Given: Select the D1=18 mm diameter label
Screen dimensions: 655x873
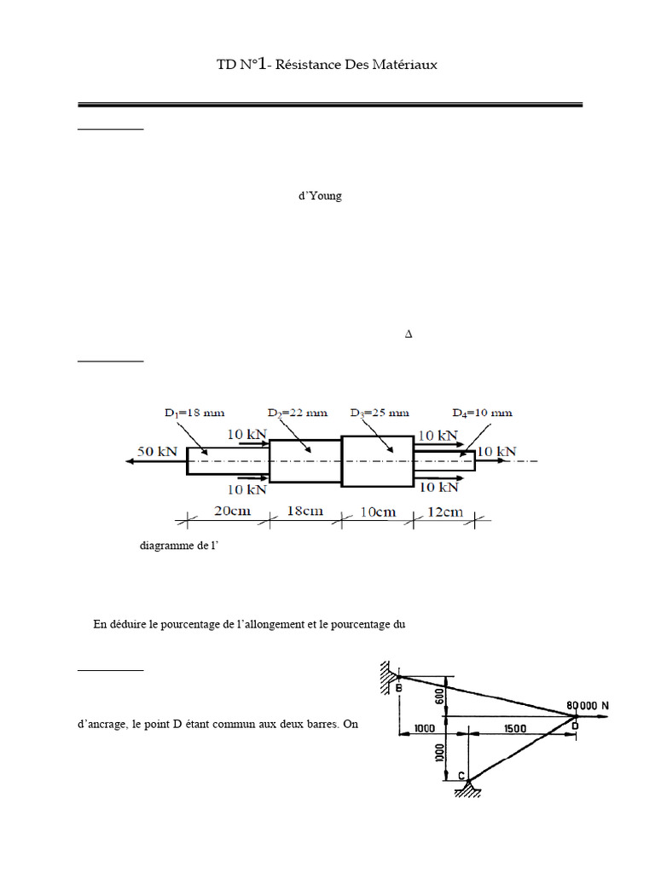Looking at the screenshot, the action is point(194,413).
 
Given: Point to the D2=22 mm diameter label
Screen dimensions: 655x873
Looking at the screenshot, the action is point(297,413).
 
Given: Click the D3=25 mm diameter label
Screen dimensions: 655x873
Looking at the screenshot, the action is point(379,413).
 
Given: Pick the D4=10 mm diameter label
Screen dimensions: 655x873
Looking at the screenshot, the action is point(483,413).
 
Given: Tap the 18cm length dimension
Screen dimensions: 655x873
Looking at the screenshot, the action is point(304,512).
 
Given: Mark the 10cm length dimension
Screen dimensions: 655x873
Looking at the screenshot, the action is point(376,512).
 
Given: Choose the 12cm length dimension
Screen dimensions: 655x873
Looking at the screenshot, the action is point(443,512).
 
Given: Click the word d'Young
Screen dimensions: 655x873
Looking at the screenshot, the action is point(319,196).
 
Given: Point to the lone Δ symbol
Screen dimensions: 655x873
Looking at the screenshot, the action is point(409,334).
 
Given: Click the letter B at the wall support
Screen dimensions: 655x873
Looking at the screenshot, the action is point(398,687).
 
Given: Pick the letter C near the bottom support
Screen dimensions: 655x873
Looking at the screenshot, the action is point(461,775).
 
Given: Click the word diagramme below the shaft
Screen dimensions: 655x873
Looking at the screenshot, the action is point(165,546).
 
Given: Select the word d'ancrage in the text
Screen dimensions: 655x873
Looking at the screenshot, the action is point(102,725).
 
